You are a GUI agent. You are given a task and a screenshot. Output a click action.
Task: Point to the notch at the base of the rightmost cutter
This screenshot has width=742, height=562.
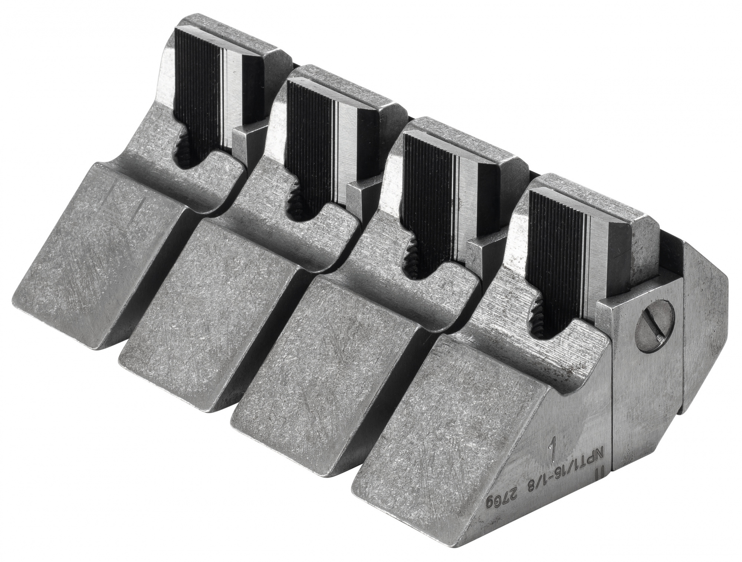pyautogui.click(x=542, y=323)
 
